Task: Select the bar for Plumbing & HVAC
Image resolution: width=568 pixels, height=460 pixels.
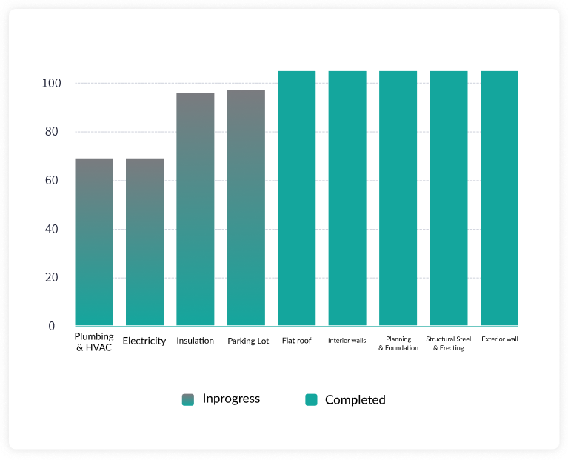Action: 94,241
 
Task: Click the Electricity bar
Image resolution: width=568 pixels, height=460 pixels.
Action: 144,241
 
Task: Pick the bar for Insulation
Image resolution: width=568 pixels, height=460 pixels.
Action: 196,209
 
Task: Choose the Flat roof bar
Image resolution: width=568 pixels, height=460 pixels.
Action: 297,198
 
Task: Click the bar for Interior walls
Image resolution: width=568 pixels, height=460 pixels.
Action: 347,198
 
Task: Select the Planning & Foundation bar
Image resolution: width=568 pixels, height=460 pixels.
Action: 398,198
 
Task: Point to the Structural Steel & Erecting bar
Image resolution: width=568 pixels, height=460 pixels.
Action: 449,198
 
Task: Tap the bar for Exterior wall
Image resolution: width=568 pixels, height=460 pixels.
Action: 499,198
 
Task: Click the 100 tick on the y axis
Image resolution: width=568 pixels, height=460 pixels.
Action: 49,84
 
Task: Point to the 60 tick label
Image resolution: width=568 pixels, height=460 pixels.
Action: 49,181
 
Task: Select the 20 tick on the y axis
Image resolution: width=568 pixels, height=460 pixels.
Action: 49,278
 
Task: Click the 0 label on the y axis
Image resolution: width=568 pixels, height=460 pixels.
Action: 52,326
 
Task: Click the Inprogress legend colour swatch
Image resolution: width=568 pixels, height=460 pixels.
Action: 187,400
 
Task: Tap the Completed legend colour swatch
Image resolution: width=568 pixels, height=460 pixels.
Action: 311,400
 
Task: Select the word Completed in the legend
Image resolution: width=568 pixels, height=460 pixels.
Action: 355,400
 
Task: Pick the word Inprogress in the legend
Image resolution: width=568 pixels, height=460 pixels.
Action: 231,399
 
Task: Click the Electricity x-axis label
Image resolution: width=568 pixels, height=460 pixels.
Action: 144,341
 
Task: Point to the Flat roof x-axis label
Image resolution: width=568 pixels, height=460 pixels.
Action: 297,341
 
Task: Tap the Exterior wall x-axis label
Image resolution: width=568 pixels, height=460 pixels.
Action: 500,340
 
